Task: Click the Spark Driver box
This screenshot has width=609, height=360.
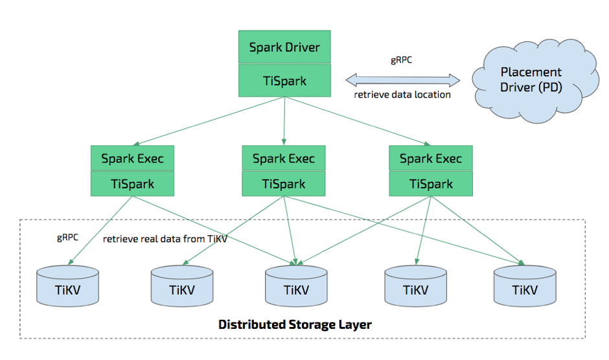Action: coord(284,47)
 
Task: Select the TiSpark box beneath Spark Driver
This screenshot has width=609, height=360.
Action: coord(284,82)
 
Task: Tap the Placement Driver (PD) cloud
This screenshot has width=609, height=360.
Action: coord(530,80)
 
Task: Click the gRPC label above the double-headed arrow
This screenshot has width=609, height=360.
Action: coord(402,60)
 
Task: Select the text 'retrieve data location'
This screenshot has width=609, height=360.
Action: coord(402,95)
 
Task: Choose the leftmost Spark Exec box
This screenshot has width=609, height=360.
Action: coord(132,159)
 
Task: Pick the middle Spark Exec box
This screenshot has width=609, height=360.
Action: coord(284,159)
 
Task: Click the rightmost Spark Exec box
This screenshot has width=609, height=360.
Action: coord(431,159)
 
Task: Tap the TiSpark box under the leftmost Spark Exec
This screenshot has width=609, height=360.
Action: coord(132,184)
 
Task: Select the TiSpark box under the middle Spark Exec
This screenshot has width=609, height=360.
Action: coord(284,184)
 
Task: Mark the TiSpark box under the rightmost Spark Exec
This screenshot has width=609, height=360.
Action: coord(431,184)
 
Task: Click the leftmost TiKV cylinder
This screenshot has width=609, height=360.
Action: coord(68,287)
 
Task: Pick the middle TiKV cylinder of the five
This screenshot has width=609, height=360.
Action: coord(297,287)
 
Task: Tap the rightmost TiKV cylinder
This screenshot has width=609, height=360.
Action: coord(525,287)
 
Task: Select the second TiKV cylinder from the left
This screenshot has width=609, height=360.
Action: coord(182,287)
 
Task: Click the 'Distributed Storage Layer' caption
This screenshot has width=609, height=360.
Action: coord(295,324)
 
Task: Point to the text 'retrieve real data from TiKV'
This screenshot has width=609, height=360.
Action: coord(165,240)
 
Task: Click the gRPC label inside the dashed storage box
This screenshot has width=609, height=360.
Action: coord(67,237)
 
